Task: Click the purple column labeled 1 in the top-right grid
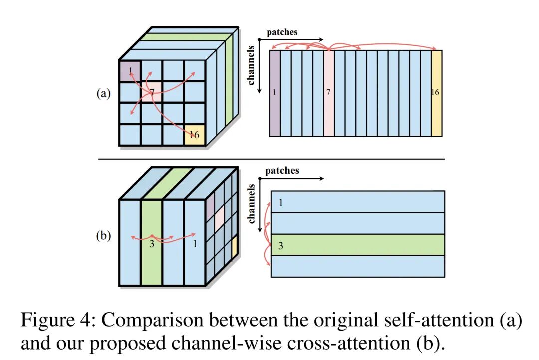[274, 93]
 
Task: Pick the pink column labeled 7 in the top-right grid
[328, 93]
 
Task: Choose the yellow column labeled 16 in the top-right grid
[436, 93]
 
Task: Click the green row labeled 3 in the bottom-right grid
[357, 245]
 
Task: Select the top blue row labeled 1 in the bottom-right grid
[357, 202]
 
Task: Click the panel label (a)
[103, 94]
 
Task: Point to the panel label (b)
[103, 236]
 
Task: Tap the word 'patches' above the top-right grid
[281, 32]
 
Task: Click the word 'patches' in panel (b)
[282, 171]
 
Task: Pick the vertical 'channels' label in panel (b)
[251, 203]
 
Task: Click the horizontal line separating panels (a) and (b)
[270, 159]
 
